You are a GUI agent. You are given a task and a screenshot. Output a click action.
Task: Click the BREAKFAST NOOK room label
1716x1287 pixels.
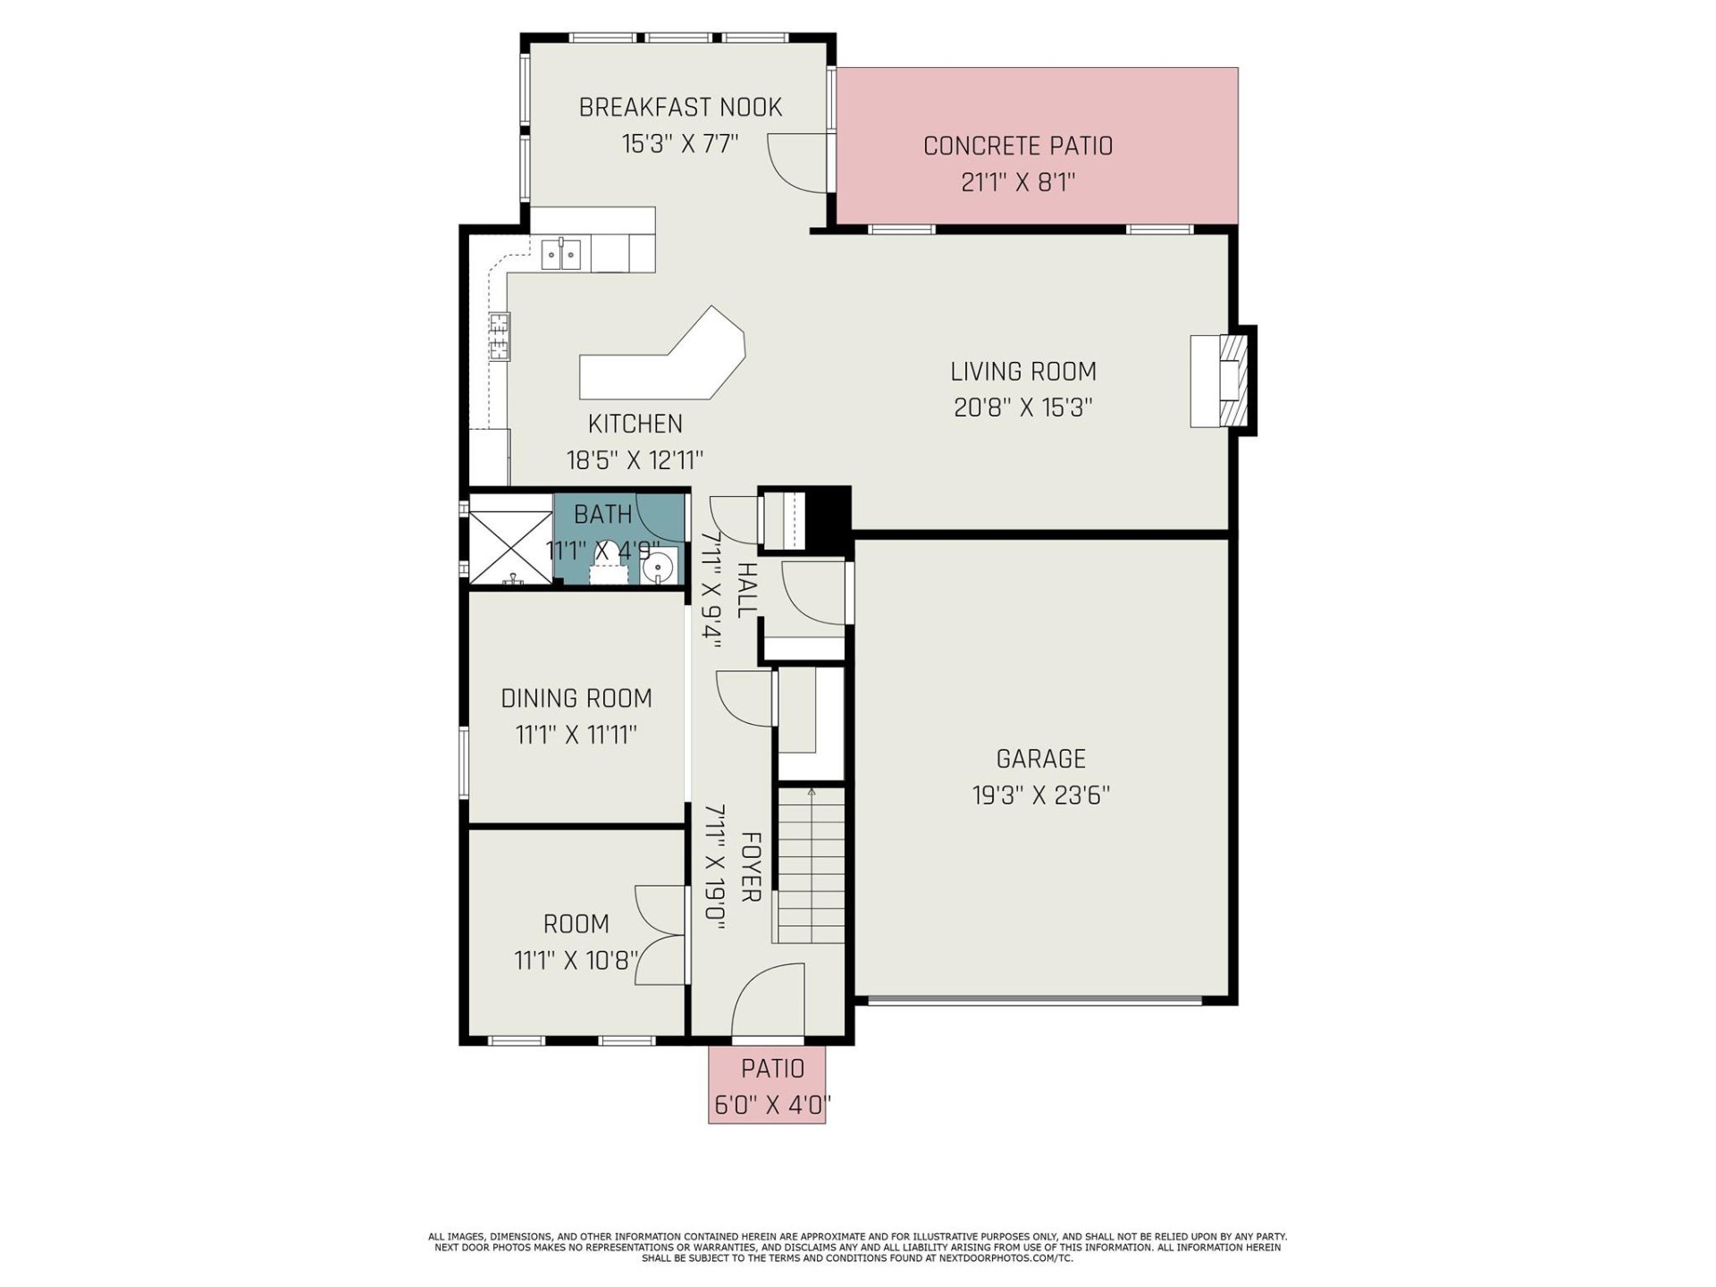pos(680,107)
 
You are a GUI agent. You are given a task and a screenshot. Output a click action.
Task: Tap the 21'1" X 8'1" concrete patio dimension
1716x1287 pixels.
pos(1017,182)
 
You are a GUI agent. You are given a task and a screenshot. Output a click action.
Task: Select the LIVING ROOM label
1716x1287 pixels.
pos(1022,371)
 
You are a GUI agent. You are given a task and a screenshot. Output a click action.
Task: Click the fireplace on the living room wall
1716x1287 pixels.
pos(1220,381)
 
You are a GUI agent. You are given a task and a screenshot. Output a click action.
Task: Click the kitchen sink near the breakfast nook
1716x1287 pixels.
pos(561,254)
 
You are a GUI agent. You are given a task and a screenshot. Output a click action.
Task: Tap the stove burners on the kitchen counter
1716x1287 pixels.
pos(499,337)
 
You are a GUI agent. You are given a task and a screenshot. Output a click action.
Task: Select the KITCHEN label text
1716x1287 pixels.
pos(635,424)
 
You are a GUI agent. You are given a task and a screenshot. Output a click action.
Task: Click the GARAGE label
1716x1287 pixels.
pos(1040,759)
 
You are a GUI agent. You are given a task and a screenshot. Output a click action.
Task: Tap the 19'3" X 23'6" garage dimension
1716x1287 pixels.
pos(1040,795)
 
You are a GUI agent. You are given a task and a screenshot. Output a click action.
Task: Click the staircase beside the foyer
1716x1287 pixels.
pos(809,865)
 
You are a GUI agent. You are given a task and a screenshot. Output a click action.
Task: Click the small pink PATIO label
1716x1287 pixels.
pos(772,1068)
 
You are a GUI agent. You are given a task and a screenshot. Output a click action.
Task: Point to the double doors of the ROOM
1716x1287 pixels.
pos(660,935)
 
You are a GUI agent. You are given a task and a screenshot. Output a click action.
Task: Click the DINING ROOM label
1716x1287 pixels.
pos(576,698)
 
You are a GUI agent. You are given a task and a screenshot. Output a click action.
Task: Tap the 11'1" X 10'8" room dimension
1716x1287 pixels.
pos(576,961)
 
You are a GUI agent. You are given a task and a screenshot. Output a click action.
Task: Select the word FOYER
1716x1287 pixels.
pos(751,867)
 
